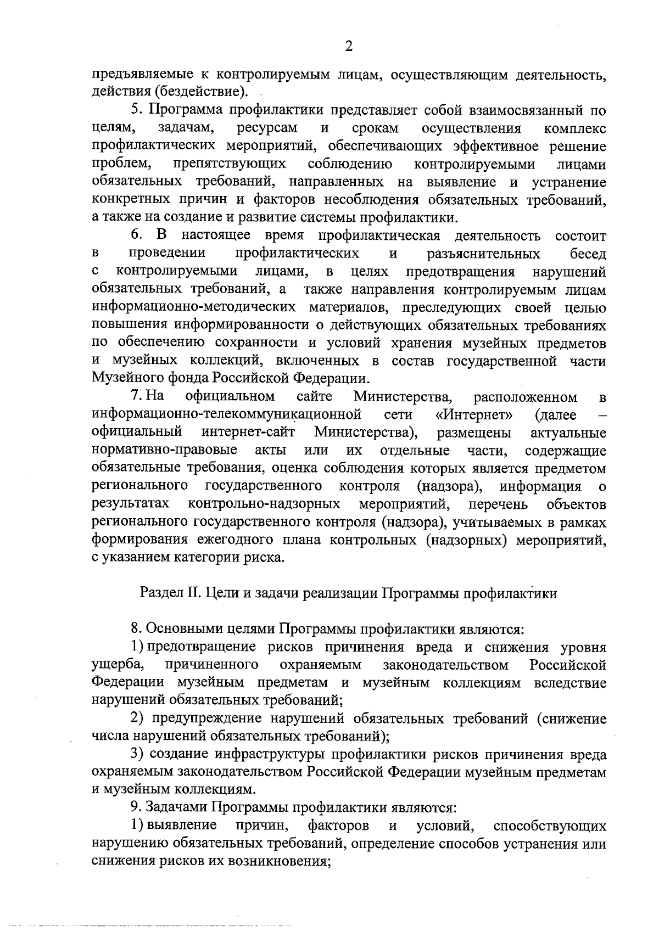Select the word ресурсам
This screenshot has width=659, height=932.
[x=267, y=128]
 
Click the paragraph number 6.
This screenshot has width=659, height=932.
[x=137, y=235]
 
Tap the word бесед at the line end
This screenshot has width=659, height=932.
[x=589, y=254]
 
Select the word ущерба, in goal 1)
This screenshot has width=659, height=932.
[x=118, y=665]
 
